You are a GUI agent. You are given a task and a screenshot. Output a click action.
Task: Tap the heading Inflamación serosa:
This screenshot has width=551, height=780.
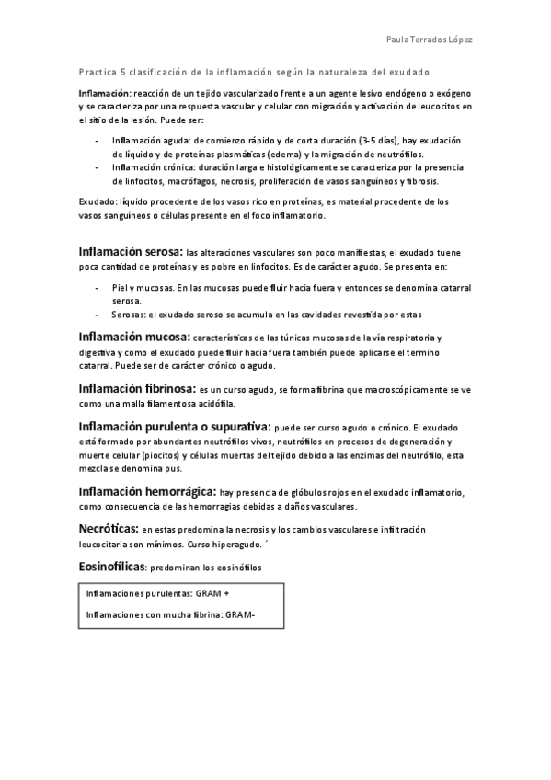131,251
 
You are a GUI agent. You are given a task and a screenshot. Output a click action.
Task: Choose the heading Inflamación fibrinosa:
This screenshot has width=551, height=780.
137,389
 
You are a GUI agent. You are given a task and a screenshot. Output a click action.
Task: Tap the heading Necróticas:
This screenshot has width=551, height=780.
108,530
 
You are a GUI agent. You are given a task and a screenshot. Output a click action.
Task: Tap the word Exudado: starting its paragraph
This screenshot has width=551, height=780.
99,201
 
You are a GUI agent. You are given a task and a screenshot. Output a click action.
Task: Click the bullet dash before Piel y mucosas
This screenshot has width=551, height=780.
98,288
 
